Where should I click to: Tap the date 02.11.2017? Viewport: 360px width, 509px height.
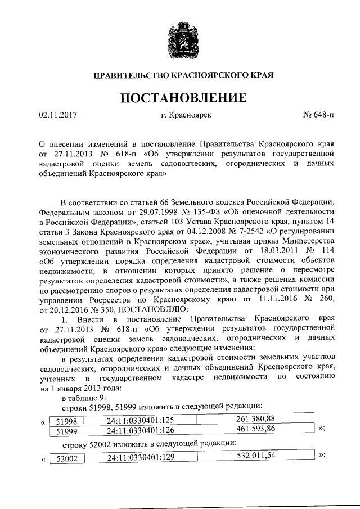click(57, 116)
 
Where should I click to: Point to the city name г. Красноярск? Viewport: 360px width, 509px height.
click(186, 116)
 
